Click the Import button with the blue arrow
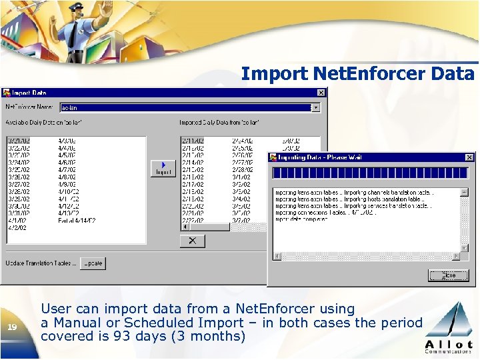163,168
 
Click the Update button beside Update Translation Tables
93,263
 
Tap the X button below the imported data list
193,241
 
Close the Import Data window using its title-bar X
321,93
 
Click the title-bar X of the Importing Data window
469,157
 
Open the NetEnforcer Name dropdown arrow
316,107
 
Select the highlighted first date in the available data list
18,141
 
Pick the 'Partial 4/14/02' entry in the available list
77,220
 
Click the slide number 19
13,327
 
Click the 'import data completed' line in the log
301,219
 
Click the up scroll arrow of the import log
465,192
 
